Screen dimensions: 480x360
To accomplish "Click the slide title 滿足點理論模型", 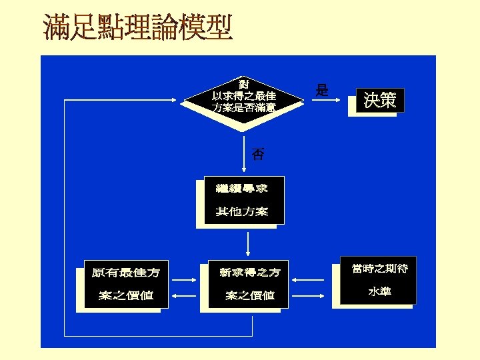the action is click(x=137, y=28).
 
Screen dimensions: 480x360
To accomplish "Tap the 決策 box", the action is click(x=380, y=101).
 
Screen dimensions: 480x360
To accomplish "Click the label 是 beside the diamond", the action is click(x=323, y=91).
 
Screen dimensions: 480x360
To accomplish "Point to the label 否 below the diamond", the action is click(x=257, y=155).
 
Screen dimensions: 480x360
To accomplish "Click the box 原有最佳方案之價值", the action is click(x=125, y=284).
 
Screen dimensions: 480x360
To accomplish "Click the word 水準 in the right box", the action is click(x=380, y=292).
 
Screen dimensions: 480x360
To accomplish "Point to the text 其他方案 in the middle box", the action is click(x=242, y=212).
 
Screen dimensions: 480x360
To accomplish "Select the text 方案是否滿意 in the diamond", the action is click(x=244, y=107).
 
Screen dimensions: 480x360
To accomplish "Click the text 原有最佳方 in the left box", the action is click(x=125, y=273).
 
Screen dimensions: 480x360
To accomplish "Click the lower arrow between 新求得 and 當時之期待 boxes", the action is click(x=313, y=295).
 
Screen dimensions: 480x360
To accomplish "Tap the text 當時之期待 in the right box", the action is click(x=379, y=269).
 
